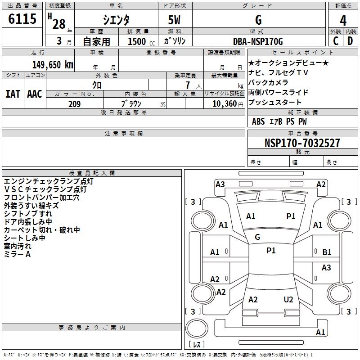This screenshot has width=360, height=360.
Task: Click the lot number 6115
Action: click(22, 20)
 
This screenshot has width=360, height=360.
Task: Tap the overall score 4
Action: click(343, 21)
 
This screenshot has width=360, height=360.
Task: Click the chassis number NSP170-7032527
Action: click(302, 143)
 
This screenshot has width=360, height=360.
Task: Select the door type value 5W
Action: click(175, 20)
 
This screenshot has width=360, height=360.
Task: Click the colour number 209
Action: click(74, 104)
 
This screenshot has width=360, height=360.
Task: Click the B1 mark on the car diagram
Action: click(327, 252)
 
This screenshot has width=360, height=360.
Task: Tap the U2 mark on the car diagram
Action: click(288, 300)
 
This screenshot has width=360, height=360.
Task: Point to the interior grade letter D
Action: click(350, 41)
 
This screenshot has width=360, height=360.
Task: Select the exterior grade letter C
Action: click(335, 41)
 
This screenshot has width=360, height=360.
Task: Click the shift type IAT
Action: click(13, 94)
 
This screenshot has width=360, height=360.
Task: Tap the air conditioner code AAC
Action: click(35, 94)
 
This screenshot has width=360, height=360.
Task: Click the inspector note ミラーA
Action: click(17, 254)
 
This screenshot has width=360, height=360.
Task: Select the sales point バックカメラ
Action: click(268, 82)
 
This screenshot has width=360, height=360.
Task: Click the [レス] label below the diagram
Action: click(197, 345)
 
